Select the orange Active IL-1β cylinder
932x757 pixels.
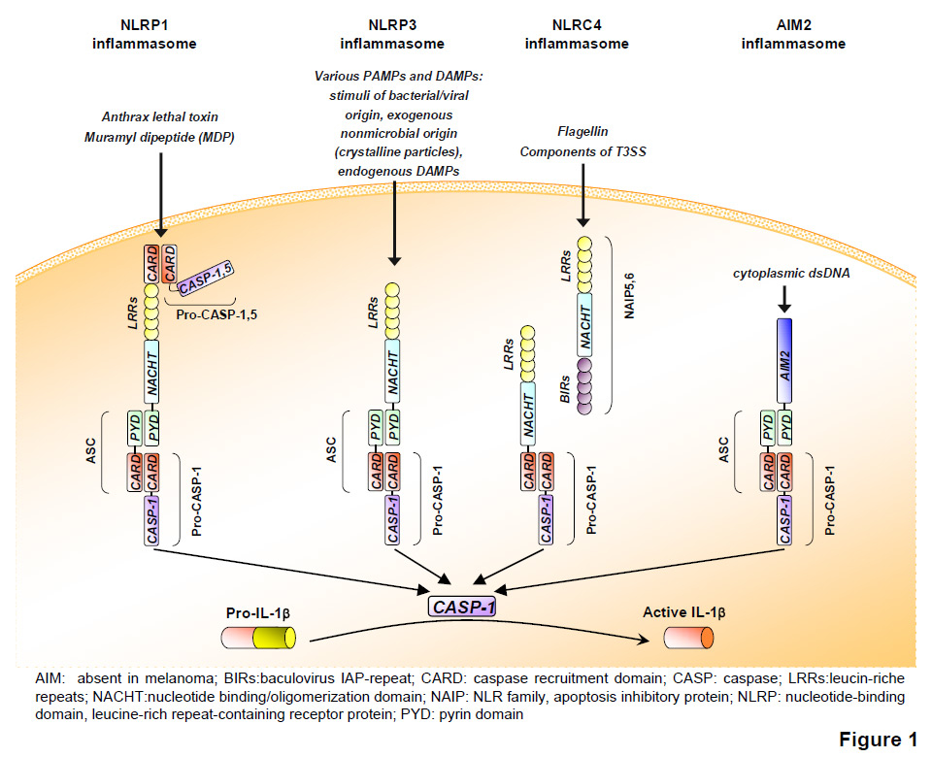pyautogui.click(x=688, y=638)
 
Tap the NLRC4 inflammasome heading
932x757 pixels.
pyautogui.click(x=577, y=35)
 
